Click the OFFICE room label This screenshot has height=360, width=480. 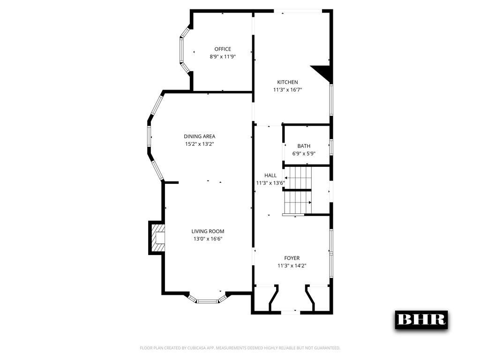click(x=223, y=49)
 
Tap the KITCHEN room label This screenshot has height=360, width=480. click(x=287, y=82)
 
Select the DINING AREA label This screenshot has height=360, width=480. click(x=200, y=136)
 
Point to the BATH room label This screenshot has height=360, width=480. click(x=304, y=146)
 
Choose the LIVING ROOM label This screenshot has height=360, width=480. click(x=208, y=231)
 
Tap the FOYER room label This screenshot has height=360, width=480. click(x=292, y=258)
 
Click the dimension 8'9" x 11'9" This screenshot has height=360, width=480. click(x=223, y=57)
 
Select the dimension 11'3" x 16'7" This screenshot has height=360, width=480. click(x=287, y=90)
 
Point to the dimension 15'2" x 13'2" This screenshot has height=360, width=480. click(x=200, y=144)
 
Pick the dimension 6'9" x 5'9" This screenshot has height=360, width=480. click(x=304, y=153)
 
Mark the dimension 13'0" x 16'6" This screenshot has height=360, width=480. click(x=208, y=239)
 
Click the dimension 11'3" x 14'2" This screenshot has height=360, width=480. click(x=292, y=265)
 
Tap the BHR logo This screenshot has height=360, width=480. click(x=421, y=319)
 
